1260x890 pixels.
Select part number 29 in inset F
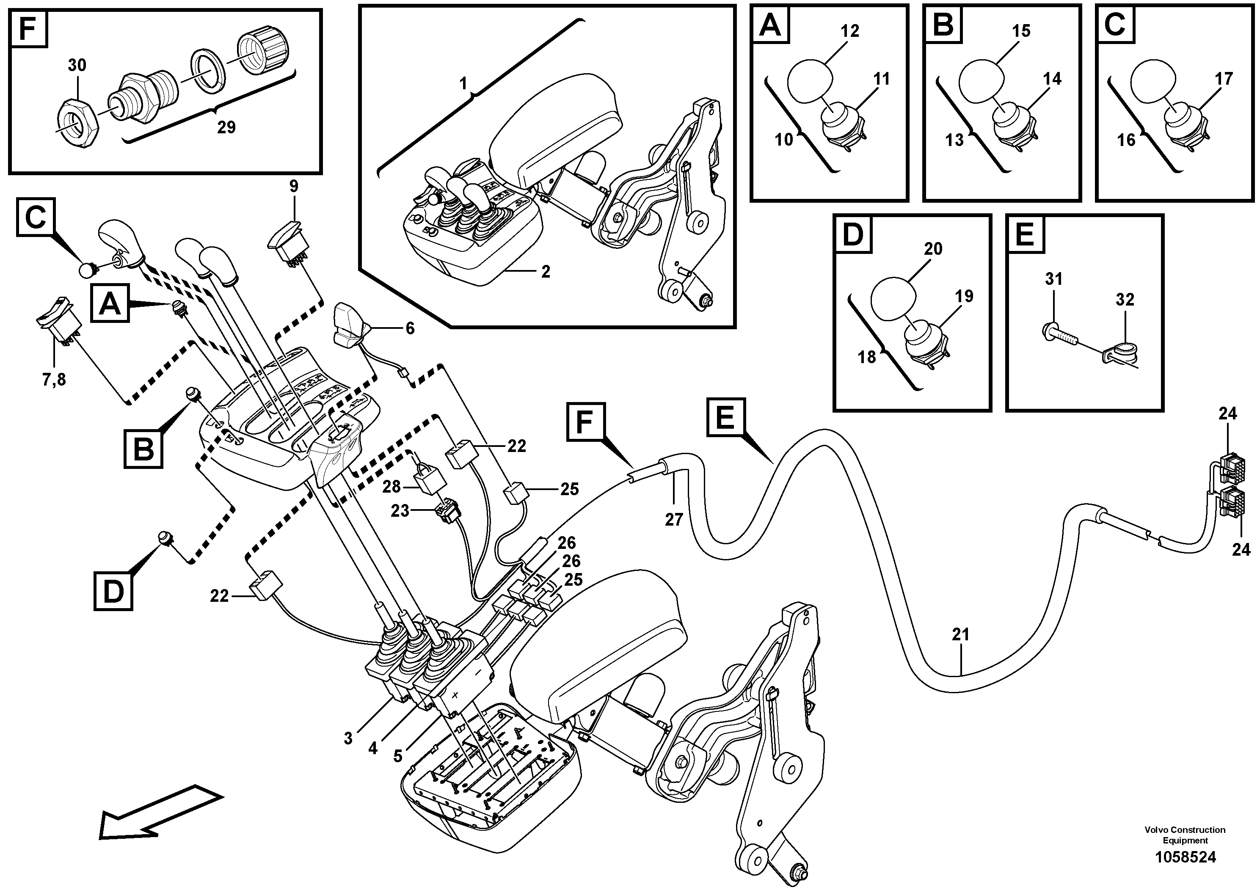click(226, 127)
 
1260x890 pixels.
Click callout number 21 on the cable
click(960, 634)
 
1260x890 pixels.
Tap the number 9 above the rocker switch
click(294, 186)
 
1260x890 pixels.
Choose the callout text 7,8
click(54, 379)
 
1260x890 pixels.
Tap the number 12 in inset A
click(849, 31)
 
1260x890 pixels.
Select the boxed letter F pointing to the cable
click(586, 422)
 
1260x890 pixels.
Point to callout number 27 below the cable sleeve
click(673, 519)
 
